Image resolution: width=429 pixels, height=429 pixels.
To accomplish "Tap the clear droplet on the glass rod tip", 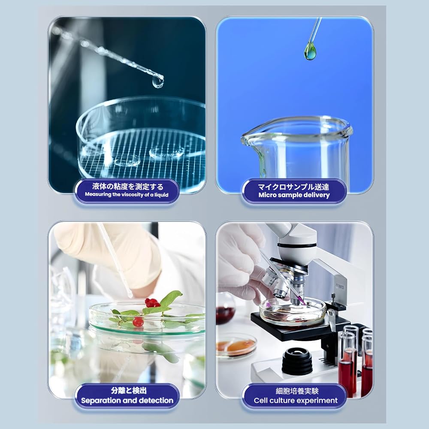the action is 158,82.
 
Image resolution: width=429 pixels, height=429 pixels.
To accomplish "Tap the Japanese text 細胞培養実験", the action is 297,391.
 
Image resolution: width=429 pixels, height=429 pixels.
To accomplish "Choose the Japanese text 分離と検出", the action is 129,390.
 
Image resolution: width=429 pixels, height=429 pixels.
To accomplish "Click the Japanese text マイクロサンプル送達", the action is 293,187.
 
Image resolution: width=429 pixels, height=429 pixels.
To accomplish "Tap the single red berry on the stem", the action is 138,322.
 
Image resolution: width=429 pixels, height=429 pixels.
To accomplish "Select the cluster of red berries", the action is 152,303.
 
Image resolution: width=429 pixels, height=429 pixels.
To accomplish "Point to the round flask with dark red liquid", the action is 225,308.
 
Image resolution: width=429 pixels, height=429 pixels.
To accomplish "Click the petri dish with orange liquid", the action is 236,346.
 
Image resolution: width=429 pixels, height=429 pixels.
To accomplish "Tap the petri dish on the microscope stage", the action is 293,312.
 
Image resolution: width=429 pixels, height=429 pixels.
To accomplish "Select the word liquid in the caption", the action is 161,195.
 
